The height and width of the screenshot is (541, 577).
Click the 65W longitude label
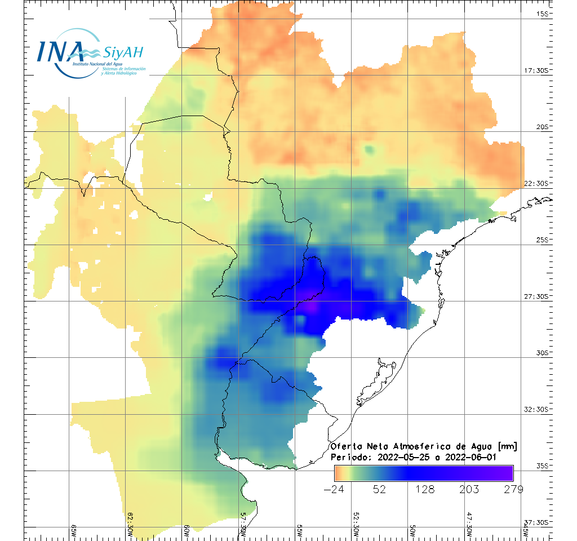pyautogui.click(x=74, y=531)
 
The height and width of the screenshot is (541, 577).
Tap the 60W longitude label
pyautogui.click(x=187, y=531)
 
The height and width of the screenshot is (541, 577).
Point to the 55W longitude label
pyautogui.click(x=300, y=531)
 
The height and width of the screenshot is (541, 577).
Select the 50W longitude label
pyautogui.click(x=412, y=531)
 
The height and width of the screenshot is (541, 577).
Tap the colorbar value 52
pyautogui.click(x=379, y=489)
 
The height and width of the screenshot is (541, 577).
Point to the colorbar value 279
pyautogui.click(x=512, y=489)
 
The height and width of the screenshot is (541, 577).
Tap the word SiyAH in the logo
pyautogui.click(x=123, y=52)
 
